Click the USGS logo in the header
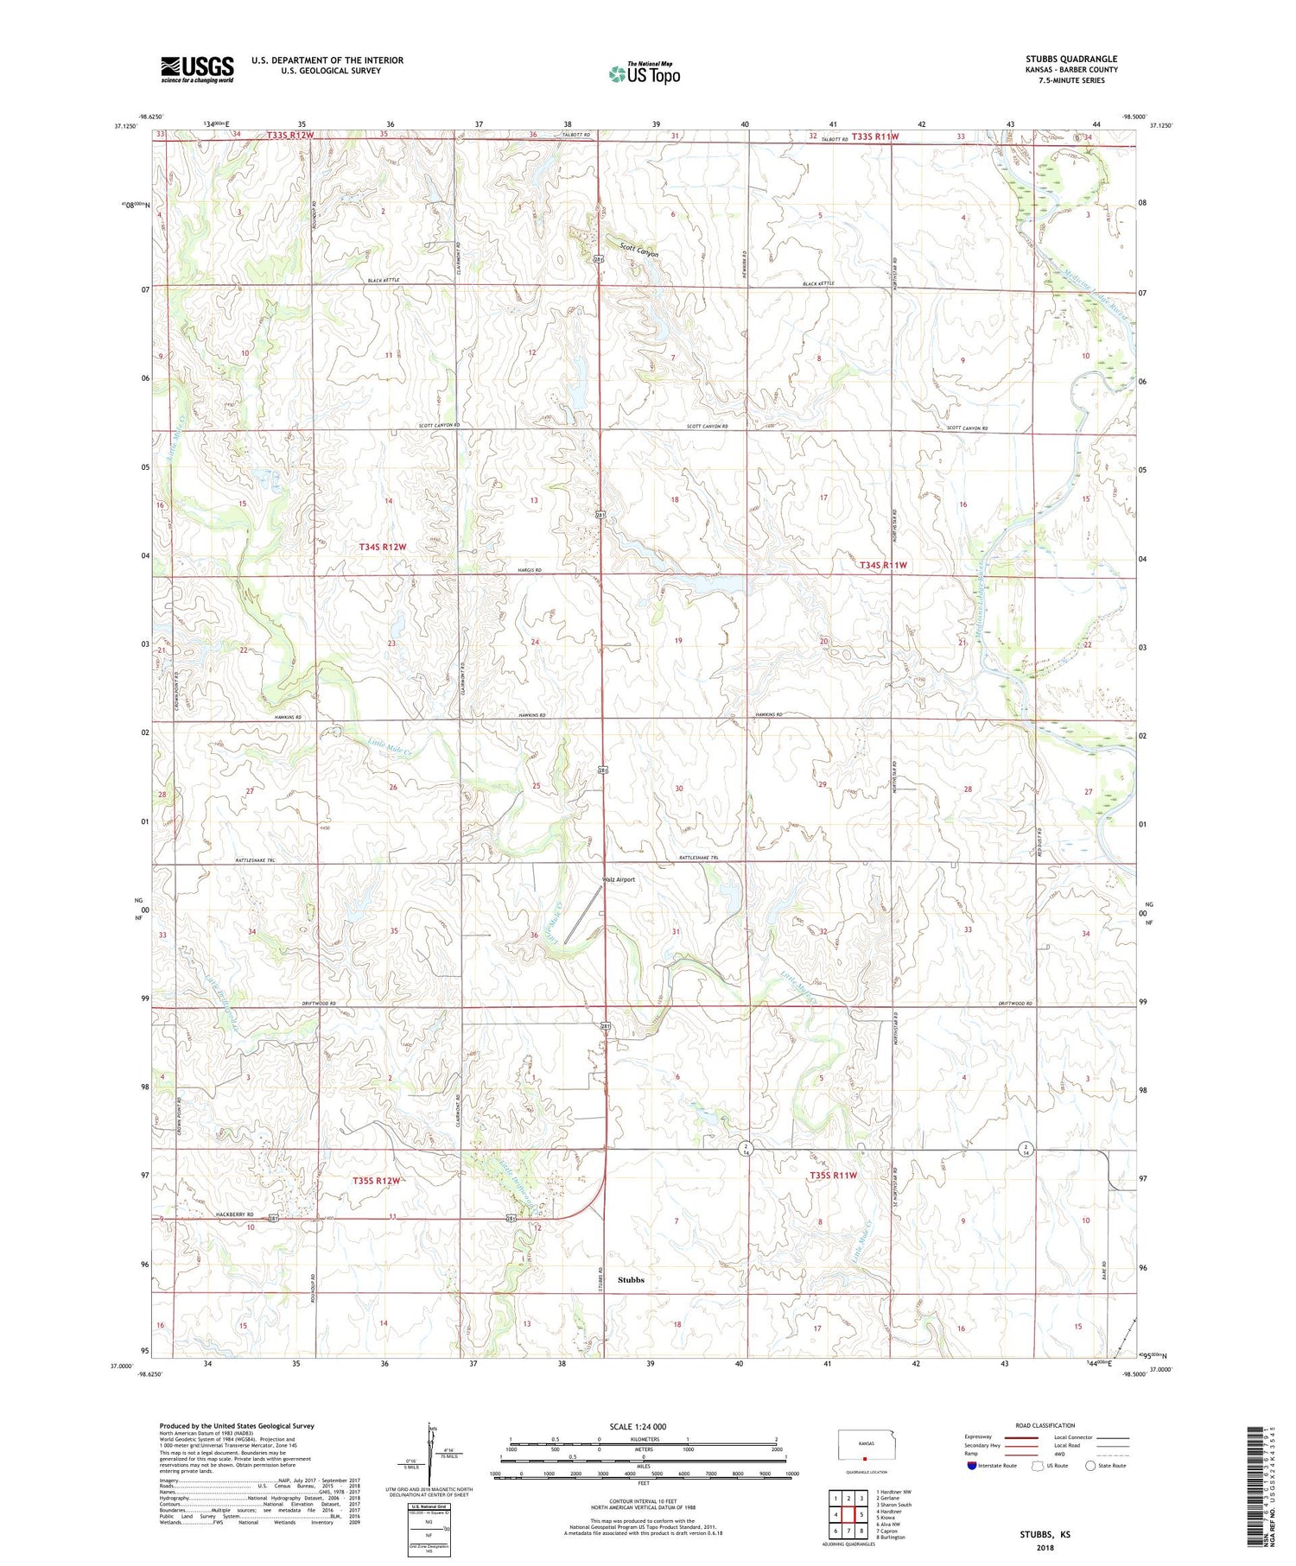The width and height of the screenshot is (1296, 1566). pos(197,69)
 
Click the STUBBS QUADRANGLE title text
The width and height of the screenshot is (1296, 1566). pos(1070,59)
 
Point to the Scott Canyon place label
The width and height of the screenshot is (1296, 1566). pos(638,249)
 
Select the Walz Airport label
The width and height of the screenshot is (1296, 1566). pos(619,879)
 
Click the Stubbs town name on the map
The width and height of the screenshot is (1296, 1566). pos(631,1279)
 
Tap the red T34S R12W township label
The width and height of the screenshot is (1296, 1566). pos(382,547)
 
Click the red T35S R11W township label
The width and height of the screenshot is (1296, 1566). pos(833,1176)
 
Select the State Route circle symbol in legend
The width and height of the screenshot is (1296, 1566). pos(1090,1465)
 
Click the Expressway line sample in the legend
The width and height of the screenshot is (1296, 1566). pos(1020,1437)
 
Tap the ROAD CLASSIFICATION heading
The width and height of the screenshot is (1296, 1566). pos(1045,1425)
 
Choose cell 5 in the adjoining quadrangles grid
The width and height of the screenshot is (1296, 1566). pos(861,1514)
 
